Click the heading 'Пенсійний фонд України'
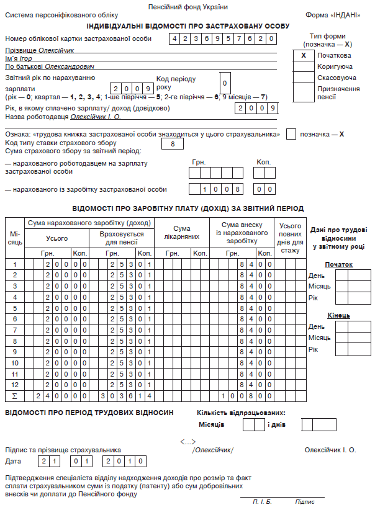[187, 7]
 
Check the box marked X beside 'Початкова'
[303, 55]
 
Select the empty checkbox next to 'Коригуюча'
[303, 66]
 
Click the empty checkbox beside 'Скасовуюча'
[303, 77]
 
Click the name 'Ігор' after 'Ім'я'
[27, 58]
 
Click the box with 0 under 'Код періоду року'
[225, 83]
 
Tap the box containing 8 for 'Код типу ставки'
[173, 144]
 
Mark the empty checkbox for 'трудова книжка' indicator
[291, 134]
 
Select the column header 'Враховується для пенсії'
[125, 238]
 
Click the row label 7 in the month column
[15, 329]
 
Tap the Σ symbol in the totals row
[15, 395]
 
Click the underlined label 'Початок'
[338, 264]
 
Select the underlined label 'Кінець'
[338, 315]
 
